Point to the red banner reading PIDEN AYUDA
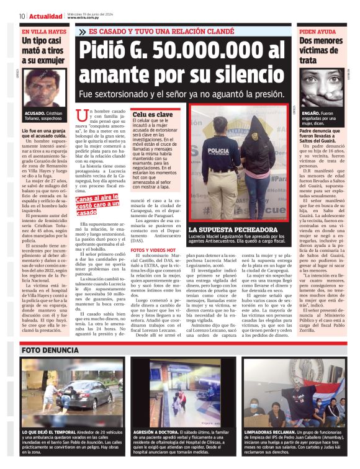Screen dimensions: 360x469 tap(317, 30)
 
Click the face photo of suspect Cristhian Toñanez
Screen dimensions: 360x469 tap(43, 90)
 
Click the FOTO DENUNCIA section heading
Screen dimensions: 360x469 tap(49, 349)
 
